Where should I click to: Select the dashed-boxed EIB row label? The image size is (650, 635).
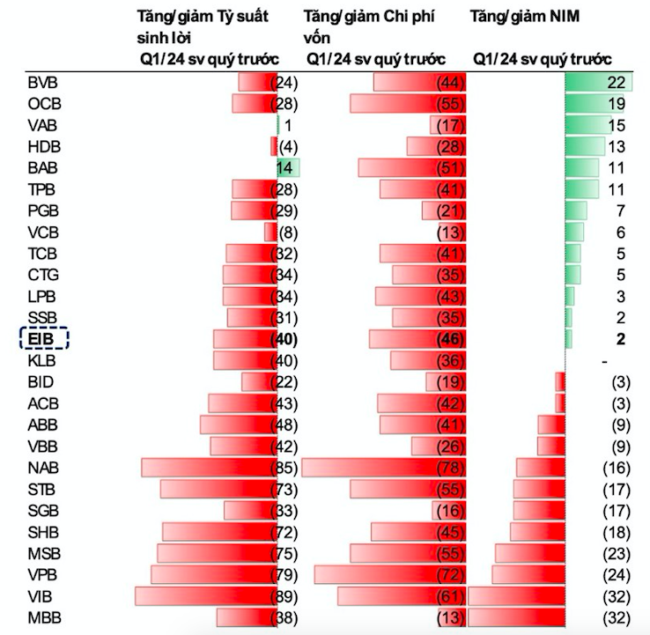[43, 338]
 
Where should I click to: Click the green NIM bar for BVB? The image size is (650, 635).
[596, 83]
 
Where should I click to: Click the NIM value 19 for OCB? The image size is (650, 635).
[615, 104]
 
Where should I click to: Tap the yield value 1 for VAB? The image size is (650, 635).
[287, 125]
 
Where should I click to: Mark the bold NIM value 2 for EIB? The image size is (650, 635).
[621, 339]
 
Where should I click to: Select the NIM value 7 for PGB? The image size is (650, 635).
[621, 210]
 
